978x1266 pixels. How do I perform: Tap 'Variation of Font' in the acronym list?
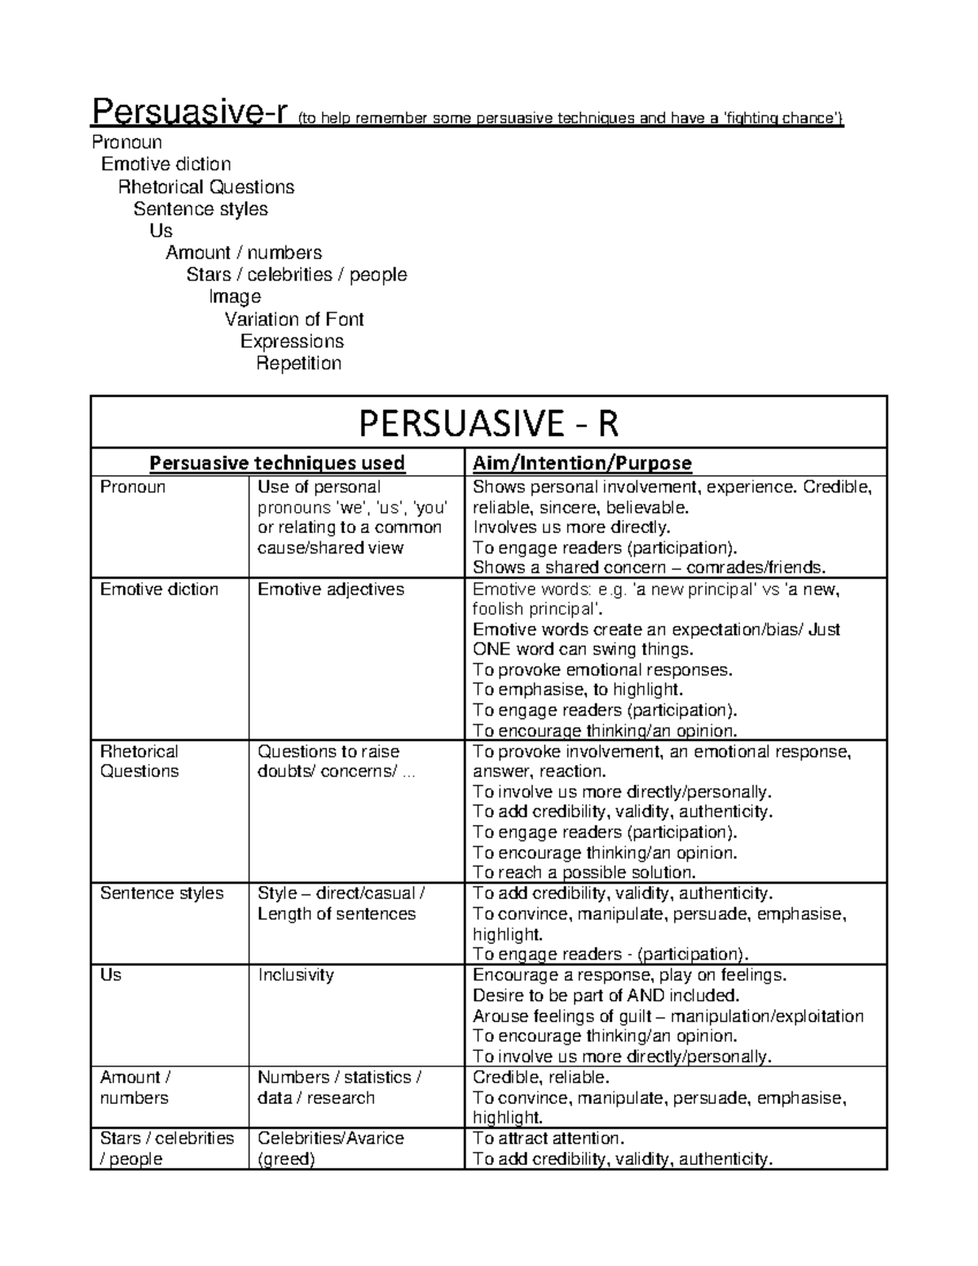[294, 319]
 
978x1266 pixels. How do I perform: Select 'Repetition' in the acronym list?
[298, 363]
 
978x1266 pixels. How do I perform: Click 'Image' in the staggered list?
[235, 297]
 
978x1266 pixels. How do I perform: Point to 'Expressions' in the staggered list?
[292, 341]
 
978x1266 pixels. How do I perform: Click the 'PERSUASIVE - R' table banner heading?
[489, 423]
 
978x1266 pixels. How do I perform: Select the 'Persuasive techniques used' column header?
[277, 463]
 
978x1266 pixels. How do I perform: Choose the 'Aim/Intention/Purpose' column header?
[582, 463]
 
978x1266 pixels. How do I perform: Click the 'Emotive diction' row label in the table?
[159, 589]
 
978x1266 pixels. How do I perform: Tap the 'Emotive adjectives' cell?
[331, 589]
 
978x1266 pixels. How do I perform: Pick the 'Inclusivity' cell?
[296, 975]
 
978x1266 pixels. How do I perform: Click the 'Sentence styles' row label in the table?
[161, 893]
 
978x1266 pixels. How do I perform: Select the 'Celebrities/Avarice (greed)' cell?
[331, 1148]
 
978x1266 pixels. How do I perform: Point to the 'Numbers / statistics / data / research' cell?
[339, 1087]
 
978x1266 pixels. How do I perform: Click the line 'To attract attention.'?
[548, 1138]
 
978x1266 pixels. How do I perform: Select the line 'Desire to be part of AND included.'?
[606, 995]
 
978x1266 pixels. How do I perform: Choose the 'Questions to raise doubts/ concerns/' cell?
[337, 761]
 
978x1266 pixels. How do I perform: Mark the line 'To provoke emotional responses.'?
[603, 670]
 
